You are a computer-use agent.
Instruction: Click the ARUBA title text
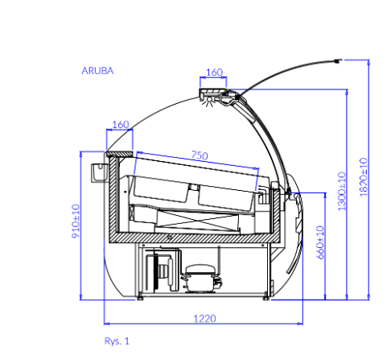(x=97, y=71)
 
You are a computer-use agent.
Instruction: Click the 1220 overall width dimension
(x=204, y=319)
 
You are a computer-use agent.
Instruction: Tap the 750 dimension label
(x=200, y=155)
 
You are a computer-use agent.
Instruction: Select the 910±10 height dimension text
(x=76, y=221)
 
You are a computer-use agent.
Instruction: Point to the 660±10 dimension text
(x=320, y=242)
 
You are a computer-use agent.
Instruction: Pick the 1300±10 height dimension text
(x=342, y=191)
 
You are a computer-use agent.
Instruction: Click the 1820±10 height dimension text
(x=364, y=177)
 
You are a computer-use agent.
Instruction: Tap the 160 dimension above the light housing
(x=214, y=72)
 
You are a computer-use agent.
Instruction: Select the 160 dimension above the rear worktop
(x=121, y=125)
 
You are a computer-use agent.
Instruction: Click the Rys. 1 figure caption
(x=117, y=341)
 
